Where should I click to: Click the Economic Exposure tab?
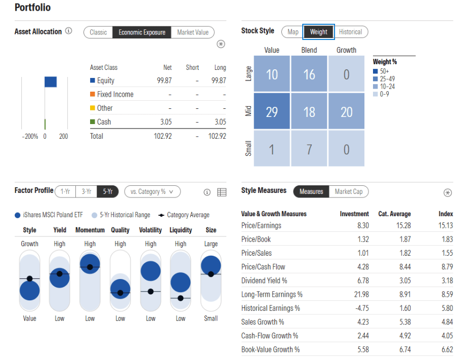coord(142,32)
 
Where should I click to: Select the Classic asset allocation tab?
coord(98,32)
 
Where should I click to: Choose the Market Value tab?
coord(193,32)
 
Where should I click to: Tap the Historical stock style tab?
coord(350,32)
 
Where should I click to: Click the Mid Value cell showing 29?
coord(272,112)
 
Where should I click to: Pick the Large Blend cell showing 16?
coord(309,74)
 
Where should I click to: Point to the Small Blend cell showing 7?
coord(309,149)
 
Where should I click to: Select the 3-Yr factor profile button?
coord(86,191)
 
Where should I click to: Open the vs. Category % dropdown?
coord(152,191)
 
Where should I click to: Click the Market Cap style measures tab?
coord(348,191)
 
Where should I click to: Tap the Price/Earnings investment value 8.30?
coord(362,225)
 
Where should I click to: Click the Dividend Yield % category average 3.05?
coord(403,281)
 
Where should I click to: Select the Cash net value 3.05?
coord(165,122)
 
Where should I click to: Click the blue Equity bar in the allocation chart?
coord(51,82)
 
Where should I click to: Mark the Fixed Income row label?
coord(115,94)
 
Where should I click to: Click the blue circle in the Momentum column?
coord(90,263)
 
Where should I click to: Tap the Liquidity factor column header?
coord(181,230)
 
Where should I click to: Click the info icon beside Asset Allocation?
coord(69,31)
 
